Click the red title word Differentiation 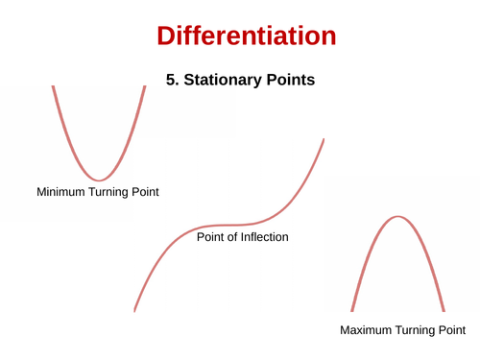[246, 36]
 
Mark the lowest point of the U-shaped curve [98, 180]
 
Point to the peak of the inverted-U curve [397, 216]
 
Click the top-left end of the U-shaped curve [53, 86]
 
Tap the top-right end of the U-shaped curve [145, 86]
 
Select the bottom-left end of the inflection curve [134, 310]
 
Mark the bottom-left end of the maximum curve [351, 310]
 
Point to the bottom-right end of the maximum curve [444, 310]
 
